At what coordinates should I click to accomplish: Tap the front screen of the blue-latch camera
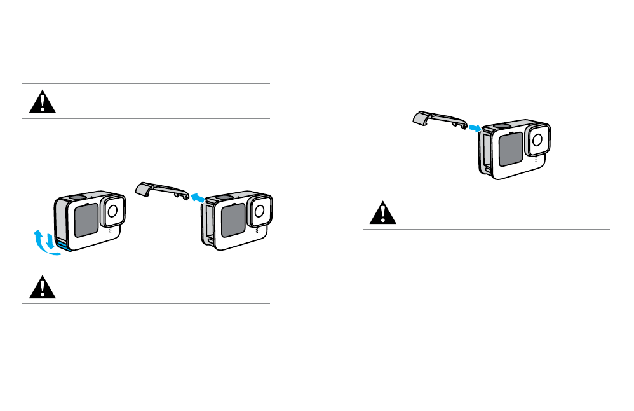pos(86,219)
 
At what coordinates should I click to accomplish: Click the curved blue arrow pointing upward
pos(41,244)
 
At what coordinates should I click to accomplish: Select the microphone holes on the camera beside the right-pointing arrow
pos(535,160)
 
